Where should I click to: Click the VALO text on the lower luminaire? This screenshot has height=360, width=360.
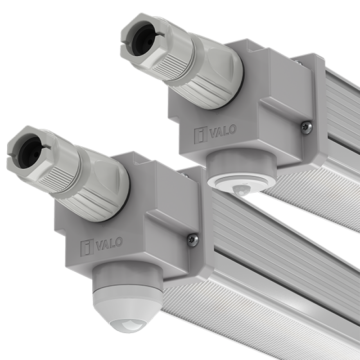coord(109,244)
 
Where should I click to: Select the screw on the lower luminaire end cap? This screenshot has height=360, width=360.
coord(193,240)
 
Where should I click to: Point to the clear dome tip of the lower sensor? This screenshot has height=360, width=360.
coord(127,324)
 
